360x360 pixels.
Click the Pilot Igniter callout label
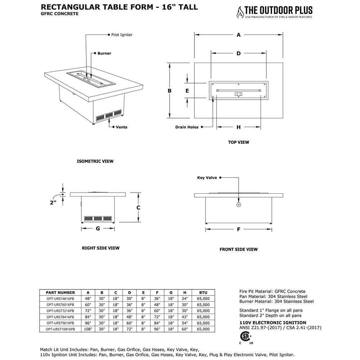click(x=122, y=35)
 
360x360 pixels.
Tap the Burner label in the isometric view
click(x=104, y=53)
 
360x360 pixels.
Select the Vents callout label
click(x=121, y=127)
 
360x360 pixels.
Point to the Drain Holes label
click(x=187, y=127)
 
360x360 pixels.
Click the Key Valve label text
click(x=207, y=178)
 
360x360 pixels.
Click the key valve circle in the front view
click(x=238, y=205)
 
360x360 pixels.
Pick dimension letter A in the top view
click(x=239, y=35)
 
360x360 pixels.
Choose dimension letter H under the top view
click(x=239, y=127)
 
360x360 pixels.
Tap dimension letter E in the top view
click(x=187, y=91)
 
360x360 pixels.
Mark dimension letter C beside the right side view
click(x=138, y=208)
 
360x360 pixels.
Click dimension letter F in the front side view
click(x=238, y=229)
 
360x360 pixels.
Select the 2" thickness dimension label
click(x=53, y=203)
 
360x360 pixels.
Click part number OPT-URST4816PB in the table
click(x=60, y=299)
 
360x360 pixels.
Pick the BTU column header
click(x=203, y=293)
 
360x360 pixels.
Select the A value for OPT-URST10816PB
click(x=88, y=329)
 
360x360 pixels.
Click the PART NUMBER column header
click(x=60, y=293)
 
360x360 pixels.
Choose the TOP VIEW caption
click(x=238, y=142)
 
